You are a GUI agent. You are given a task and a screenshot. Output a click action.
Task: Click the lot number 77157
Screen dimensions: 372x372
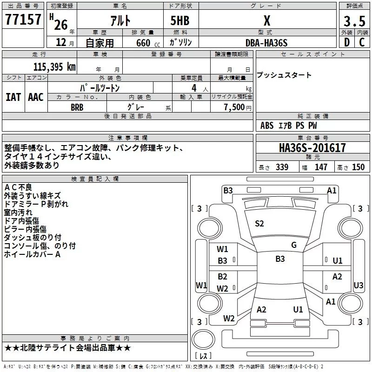23,20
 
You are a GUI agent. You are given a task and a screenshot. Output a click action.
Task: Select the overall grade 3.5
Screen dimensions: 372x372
354,21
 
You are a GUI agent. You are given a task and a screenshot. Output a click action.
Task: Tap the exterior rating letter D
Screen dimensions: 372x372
347,42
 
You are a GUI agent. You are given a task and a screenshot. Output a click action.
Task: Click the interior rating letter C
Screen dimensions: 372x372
362,42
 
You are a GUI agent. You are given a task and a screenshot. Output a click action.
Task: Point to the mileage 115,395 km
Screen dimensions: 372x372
54,67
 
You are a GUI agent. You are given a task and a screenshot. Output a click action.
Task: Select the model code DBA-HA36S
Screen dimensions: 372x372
266,43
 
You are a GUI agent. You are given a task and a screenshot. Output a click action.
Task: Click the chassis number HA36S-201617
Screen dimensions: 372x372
312,148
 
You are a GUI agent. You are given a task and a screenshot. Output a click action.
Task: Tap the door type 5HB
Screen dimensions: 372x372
180,20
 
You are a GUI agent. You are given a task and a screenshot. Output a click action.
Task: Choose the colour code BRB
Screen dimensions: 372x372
77,107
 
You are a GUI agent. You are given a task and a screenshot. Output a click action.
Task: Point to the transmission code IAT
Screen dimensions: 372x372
13,97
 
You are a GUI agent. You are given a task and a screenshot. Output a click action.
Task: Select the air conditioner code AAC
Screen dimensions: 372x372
36,97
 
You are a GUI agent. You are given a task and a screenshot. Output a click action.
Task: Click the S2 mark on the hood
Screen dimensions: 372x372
259,224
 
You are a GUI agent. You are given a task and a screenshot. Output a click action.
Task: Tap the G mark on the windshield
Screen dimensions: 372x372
294,245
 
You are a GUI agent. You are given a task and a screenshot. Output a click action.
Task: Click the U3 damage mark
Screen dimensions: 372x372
358,285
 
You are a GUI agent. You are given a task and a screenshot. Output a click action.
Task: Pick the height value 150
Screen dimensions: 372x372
358,167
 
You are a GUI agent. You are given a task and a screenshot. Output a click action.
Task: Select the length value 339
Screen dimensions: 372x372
282,167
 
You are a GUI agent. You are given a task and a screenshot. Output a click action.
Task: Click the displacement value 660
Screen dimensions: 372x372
143,43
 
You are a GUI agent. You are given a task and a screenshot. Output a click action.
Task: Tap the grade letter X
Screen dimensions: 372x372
267,20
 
